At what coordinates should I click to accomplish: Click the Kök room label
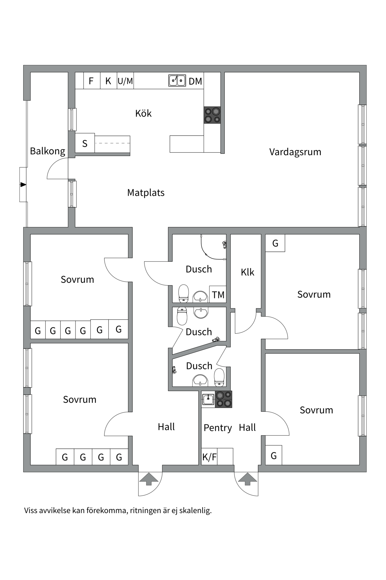143,113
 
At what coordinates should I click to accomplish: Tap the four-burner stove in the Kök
212,115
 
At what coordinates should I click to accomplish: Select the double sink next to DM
177,81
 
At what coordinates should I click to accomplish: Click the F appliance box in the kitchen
91,81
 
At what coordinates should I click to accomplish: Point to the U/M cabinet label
125,81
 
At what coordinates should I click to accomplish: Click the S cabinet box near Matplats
85,143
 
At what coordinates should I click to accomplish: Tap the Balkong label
47,151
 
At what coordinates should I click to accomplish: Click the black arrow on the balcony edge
23,185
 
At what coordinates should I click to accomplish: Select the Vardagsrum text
295,152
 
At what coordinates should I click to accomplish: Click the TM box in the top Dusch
218,295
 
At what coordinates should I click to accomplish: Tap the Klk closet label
247,272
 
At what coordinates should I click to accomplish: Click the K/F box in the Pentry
209,457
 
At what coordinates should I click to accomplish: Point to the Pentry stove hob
223,399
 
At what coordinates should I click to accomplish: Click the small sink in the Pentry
208,399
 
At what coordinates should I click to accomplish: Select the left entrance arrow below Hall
148,479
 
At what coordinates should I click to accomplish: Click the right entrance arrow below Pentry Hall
247,479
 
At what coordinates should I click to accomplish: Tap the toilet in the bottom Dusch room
219,377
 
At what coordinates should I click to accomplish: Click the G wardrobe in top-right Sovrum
275,243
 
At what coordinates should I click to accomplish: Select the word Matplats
146,192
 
